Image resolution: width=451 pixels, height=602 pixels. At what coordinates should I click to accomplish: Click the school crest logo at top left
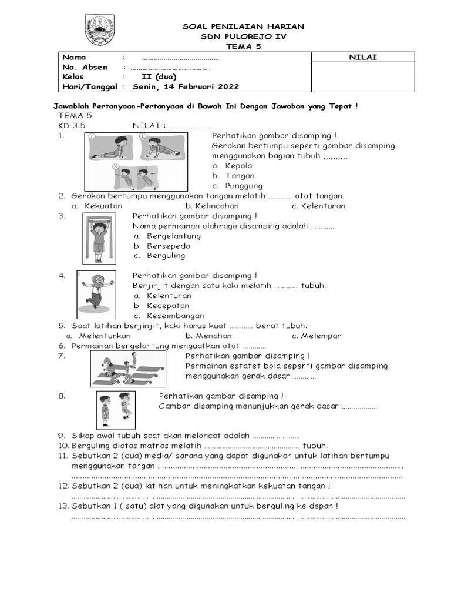point(101,32)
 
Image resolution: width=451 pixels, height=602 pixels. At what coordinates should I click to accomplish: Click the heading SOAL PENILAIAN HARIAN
point(243,26)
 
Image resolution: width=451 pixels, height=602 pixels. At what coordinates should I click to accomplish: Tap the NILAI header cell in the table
point(362,57)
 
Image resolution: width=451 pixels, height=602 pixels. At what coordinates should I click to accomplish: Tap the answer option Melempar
point(321,336)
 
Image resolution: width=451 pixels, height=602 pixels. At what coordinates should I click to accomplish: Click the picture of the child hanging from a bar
point(99,239)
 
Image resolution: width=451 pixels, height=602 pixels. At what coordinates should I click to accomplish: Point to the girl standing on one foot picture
point(96,294)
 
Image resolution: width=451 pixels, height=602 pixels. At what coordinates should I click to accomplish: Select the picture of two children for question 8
point(115,410)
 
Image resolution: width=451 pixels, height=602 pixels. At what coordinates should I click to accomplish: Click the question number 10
point(63,446)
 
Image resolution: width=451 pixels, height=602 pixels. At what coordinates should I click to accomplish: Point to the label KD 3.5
point(72,126)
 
